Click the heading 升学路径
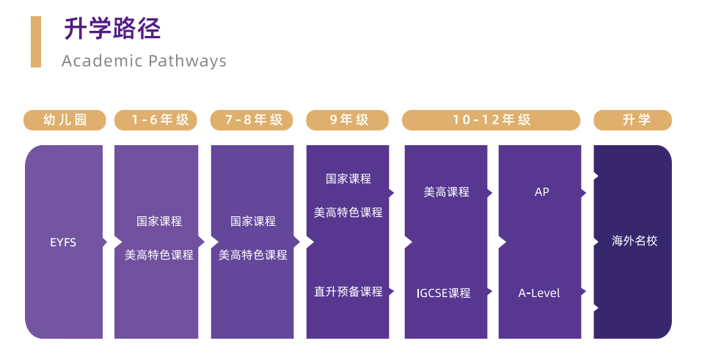tap(112, 29)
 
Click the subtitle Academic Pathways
tap(144, 61)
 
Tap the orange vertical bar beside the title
tap(36, 42)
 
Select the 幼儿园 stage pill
tap(65, 120)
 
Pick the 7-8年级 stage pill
tap(252, 120)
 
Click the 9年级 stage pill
tap(348, 120)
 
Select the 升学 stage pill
tap(632, 120)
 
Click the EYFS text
tap(63, 242)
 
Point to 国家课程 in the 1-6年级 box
tap(159, 221)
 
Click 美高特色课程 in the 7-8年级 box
tap(253, 255)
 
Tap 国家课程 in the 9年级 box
tap(348, 178)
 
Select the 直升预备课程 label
tap(348, 292)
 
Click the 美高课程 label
tap(447, 192)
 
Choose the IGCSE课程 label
tap(443, 293)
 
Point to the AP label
tap(541, 192)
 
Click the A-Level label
tap(539, 293)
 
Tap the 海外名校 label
tap(635, 240)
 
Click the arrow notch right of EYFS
tap(106, 242)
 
